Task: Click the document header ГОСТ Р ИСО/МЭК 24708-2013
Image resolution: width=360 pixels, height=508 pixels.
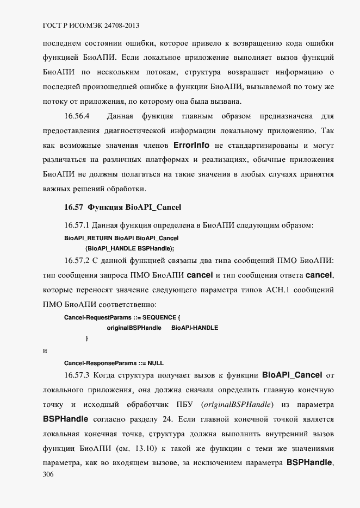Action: tap(92, 26)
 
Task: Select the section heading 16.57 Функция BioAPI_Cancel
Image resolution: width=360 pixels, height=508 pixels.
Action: tap(122, 207)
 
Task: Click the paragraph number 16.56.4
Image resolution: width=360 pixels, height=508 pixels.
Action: tap(77, 116)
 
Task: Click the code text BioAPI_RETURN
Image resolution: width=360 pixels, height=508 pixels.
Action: tap(83, 238)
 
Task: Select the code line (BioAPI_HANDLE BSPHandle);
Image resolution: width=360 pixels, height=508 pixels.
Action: tap(129, 248)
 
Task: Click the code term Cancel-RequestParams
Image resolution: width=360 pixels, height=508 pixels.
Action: tap(94, 317)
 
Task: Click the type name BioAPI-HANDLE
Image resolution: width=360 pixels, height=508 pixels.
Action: tap(195, 328)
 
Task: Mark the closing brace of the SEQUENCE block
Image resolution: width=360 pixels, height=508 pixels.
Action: tap(86, 338)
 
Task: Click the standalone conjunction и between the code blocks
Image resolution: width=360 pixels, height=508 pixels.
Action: tap(45, 350)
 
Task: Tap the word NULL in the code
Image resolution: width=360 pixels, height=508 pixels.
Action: tap(156, 362)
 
